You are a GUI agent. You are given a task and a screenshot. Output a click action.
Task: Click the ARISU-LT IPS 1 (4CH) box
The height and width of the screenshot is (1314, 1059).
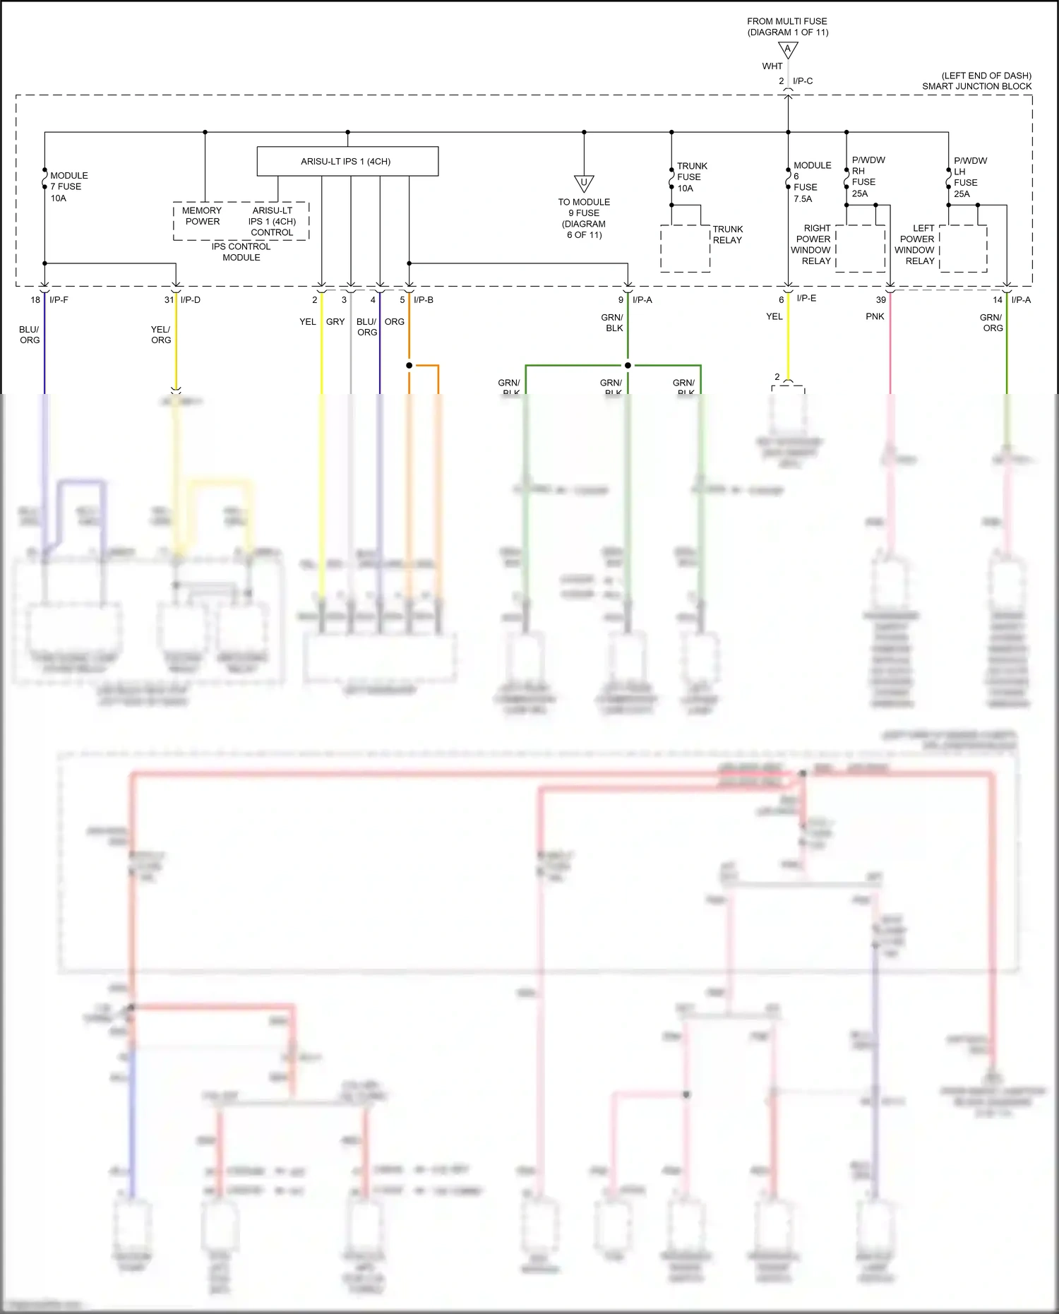pos(347,161)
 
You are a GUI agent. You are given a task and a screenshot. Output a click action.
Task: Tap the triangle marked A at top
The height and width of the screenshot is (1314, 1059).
pos(788,50)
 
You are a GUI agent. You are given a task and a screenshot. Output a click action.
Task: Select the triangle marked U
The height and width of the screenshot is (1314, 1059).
pos(584,184)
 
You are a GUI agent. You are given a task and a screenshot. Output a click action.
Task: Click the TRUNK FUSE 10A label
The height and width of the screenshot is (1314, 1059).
pos(690,177)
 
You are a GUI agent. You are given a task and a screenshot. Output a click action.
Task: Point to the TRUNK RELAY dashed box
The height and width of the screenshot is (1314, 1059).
pos(685,249)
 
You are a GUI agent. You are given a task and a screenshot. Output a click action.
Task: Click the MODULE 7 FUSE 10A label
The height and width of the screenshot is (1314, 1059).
pos(67,186)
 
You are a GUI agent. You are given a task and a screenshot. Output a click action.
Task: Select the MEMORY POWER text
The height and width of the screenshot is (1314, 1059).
pos(202,216)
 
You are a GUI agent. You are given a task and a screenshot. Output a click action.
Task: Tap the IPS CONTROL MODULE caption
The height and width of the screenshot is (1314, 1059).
pos(241,252)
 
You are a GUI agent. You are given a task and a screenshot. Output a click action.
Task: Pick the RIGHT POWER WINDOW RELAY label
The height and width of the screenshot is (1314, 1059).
pos(812,244)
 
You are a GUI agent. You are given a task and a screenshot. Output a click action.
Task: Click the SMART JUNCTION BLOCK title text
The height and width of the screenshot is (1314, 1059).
pos(976,86)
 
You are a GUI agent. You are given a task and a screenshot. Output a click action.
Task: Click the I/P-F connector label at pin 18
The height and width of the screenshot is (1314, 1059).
pos(59,300)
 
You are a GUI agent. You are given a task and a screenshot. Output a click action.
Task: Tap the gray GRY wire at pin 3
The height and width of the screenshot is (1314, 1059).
pos(351,353)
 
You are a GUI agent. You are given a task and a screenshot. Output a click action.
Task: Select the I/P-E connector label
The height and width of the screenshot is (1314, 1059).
pos(806,299)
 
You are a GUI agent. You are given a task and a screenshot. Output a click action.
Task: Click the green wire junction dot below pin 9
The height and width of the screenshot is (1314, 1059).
pos(628,365)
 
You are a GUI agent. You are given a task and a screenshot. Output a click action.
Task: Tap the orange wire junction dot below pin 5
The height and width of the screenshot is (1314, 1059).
pos(409,365)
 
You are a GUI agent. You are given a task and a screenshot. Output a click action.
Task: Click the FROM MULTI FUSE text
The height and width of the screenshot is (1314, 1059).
pos(787,21)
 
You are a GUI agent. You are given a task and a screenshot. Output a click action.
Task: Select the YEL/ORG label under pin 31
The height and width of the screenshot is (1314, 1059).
pos(161,335)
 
